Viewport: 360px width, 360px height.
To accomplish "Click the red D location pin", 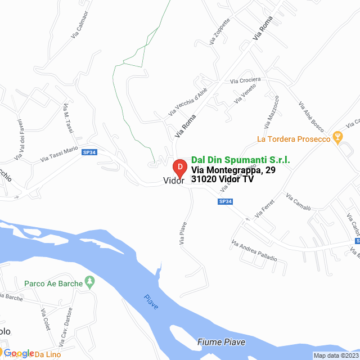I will click(x=179, y=168).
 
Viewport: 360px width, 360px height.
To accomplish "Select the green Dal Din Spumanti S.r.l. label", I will click(x=241, y=160).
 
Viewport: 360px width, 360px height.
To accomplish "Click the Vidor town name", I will click(x=173, y=181).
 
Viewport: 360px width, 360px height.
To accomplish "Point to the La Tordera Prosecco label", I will click(x=292, y=139).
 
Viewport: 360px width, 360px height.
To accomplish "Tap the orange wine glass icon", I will click(x=337, y=136).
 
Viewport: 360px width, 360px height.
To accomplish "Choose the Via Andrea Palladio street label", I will click(x=254, y=250).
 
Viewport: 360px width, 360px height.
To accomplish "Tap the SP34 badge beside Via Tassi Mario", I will click(x=89, y=152).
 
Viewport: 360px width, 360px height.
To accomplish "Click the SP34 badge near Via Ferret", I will click(x=225, y=201).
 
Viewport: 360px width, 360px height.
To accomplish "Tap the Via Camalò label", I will click(x=298, y=205).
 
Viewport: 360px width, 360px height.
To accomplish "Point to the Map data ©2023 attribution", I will click(x=335, y=355).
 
